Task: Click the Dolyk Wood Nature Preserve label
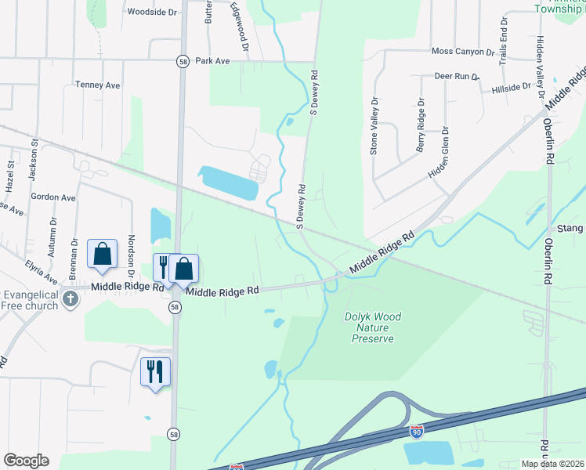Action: tap(373, 327)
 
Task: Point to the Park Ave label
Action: tap(212, 60)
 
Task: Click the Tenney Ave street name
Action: tap(97, 84)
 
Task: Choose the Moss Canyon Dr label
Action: tap(463, 52)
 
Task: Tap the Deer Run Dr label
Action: tap(457, 76)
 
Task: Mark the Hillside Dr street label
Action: tap(511, 89)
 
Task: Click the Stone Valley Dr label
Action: tap(374, 125)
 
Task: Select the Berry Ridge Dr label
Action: tap(421, 125)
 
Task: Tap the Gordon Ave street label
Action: tap(52, 197)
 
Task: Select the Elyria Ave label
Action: tap(41, 272)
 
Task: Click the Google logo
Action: tap(26, 461)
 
